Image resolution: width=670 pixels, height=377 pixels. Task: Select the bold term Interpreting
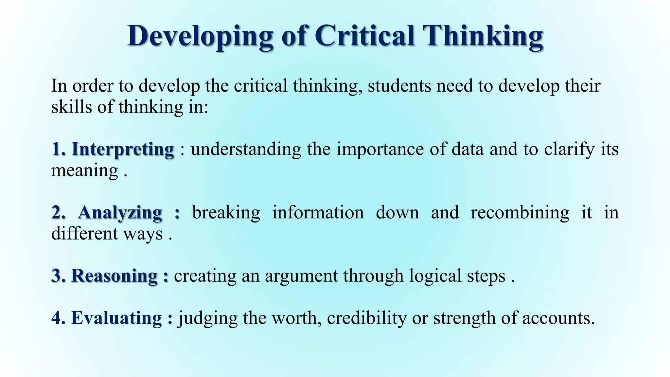tap(123, 150)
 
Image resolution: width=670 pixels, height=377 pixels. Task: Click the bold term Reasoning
tap(114, 276)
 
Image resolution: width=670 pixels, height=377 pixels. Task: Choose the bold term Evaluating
tap(116, 318)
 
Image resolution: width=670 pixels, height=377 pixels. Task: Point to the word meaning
tap(84, 171)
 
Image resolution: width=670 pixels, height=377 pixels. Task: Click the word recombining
tap(520, 213)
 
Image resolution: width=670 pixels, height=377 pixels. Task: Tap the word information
tap(318, 213)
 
